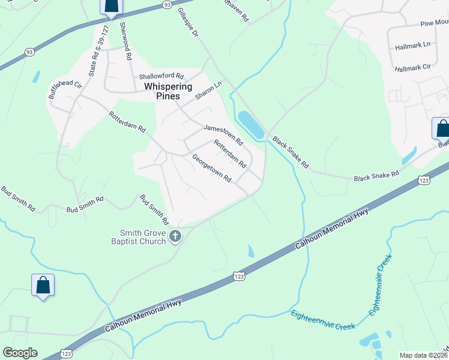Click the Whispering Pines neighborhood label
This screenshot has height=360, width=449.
coord(168,91)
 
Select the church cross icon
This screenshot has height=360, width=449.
coord(175,236)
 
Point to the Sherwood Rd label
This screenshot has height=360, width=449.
coord(125,42)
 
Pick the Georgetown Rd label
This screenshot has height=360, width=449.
coord(211,168)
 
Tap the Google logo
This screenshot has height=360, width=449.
coord(20,353)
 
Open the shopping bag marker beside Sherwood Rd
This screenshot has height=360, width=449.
coord(111,6)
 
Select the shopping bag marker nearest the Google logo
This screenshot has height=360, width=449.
coord(43,285)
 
